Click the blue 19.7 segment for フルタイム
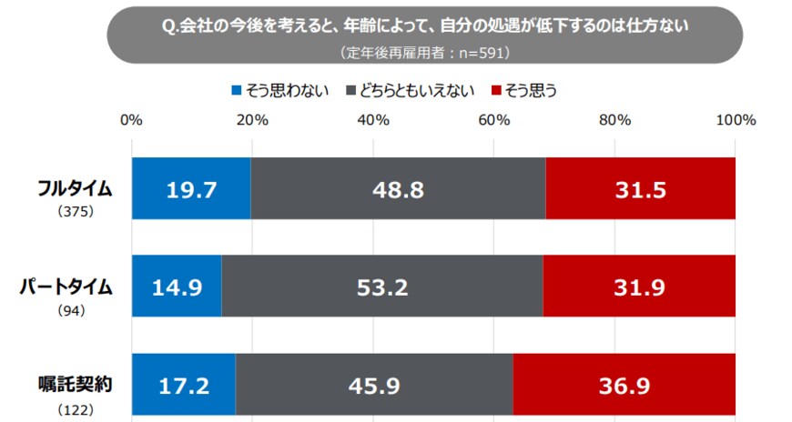(191, 188)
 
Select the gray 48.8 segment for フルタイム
(398, 188)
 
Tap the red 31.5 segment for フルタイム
(640, 188)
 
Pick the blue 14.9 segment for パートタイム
(177, 286)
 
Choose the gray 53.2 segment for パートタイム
(381, 286)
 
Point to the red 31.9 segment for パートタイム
(639, 286)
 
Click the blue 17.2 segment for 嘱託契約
(184, 385)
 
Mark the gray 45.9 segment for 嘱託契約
(373, 385)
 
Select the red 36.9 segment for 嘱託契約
(624, 385)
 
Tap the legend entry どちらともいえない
(411, 91)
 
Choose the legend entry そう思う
(523, 91)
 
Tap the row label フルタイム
(75, 188)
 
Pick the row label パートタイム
(67, 286)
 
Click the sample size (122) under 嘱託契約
(76, 410)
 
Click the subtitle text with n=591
(424, 53)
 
